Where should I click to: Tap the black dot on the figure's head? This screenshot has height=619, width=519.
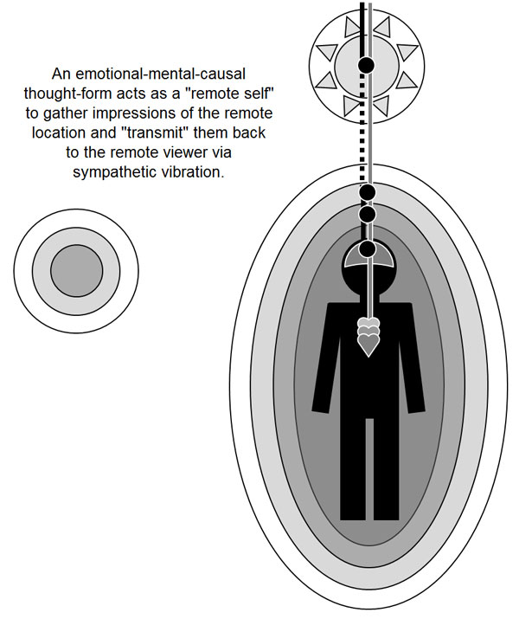367,249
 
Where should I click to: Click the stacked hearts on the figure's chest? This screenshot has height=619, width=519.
368,336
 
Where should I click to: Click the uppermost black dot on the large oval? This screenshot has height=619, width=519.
367,191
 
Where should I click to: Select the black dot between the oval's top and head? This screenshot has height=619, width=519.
367,213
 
